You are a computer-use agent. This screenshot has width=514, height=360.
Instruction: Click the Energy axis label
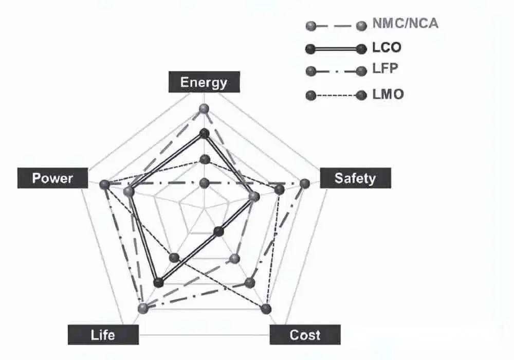click(x=204, y=82)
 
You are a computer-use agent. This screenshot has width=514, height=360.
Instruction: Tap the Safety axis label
click(x=355, y=178)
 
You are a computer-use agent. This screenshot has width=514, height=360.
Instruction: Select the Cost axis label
click(x=305, y=335)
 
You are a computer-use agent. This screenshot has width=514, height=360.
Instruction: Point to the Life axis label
click(x=103, y=335)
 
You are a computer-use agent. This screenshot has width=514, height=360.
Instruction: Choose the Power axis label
click(x=52, y=178)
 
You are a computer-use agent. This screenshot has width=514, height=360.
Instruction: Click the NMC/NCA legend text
click(x=405, y=24)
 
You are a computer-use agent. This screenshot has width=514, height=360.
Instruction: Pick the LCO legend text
click(x=387, y=48)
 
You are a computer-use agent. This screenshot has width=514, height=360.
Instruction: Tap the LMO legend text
click(x=388, y=95)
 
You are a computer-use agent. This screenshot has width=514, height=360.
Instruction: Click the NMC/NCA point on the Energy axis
click(x=204, y=109)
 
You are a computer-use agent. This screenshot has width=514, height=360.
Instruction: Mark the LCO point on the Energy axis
click(x=204, y=134)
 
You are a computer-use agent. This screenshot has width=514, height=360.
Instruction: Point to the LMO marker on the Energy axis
click(x=204, y=159)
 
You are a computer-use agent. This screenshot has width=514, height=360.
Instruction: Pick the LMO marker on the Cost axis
click(x=265, y=309)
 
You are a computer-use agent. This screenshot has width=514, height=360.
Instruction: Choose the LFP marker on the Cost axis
click(x=250, y=282)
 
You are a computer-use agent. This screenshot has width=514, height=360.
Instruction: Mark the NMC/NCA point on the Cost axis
click(x=235, y=258)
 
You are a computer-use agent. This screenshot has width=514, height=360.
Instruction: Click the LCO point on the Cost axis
click(x=219, y=232)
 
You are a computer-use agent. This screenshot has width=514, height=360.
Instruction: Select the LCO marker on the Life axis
click(x=159, y=282)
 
